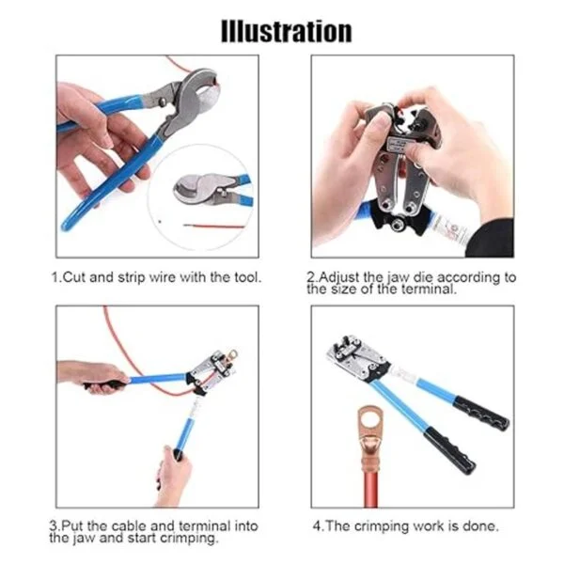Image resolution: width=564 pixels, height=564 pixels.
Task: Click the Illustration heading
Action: click(287, 31)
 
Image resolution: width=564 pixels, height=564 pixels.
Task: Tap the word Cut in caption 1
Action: click(74, 277)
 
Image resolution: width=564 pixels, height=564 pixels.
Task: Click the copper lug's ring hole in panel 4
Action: click(370, 420)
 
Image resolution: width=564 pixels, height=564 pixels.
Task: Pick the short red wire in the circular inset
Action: click(213, 227)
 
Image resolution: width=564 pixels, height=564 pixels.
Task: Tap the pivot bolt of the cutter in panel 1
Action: click(163, 102)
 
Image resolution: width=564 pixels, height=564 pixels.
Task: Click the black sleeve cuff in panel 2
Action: click(490, 239)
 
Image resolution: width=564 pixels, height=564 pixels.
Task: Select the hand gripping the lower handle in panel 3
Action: click(173, 475)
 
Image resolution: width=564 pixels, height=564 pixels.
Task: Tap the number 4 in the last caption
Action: click(317, 526)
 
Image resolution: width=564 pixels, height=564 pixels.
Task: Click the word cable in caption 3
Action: click(129, 526)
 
